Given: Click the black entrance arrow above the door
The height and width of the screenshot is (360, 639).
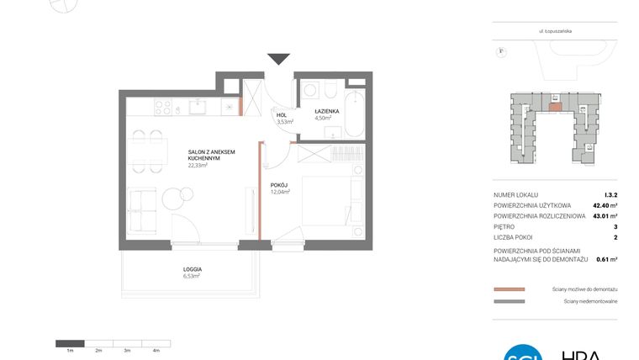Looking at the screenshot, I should tap(278, 59).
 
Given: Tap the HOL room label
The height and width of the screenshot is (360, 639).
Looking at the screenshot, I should tap(281, 114).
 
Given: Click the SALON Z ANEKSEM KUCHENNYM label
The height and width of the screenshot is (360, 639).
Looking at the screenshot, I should tap(211, 155).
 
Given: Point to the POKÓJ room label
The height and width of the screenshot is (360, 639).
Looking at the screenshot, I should tap(279, 184).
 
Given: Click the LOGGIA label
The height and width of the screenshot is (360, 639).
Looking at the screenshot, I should tap(193, 268).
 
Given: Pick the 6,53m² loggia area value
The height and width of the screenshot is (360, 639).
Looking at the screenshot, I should tap(192, 275).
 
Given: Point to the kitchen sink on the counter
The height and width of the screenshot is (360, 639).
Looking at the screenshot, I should tap(198, 106).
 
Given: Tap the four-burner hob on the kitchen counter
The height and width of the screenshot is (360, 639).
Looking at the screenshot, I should tap(161, 107).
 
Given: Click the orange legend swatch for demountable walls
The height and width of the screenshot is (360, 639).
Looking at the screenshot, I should tap(509, 289).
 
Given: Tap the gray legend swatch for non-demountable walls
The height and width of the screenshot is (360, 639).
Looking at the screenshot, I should tap(509, 301).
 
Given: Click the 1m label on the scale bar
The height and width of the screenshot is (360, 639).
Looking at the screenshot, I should tap(71, 350).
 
